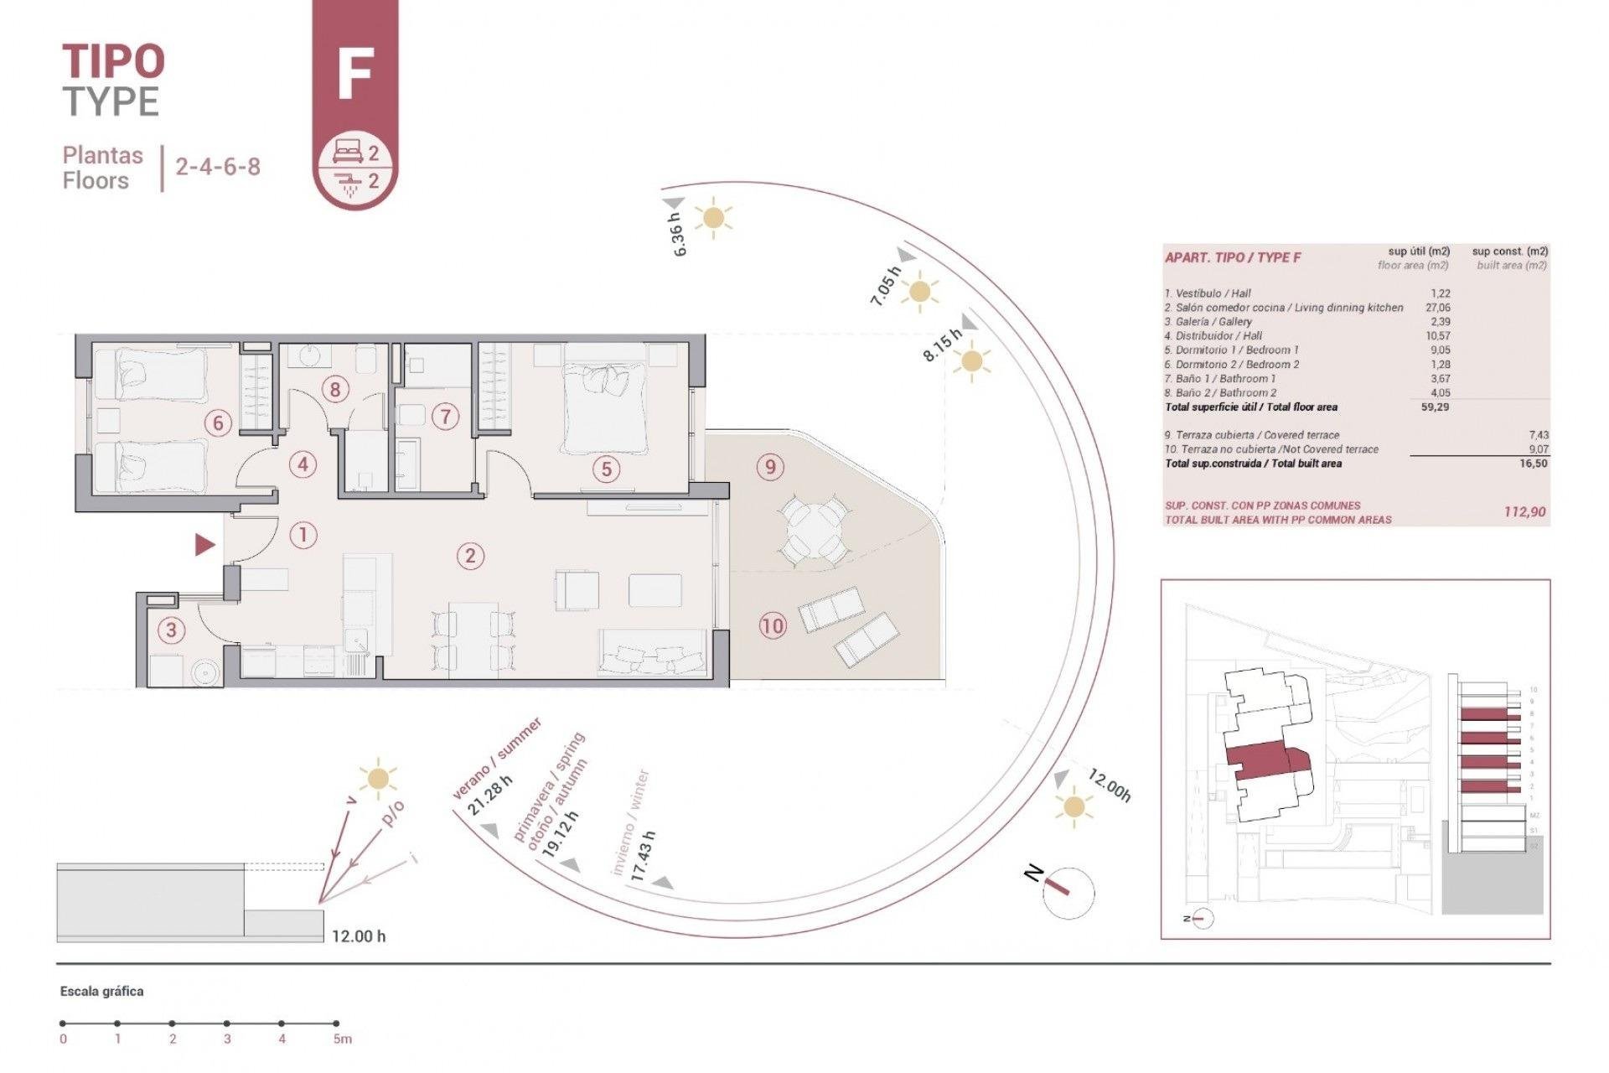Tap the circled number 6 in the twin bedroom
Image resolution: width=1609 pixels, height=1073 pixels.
[x=218, y=422]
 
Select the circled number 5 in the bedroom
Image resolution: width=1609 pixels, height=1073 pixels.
[x=606, y=469]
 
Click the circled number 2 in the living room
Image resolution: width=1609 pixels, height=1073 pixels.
[x=470, y=555]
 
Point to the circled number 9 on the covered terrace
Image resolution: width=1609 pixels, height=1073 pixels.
[x=770, y=466]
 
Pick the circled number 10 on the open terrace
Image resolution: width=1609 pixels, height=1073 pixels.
[x=773, y=625]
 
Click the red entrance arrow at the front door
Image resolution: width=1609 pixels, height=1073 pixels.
[x=204, y=545]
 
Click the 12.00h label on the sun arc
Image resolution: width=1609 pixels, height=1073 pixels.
[x=1110, y=785]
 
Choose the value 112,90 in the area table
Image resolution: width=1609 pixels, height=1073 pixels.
[x=1524, y=511]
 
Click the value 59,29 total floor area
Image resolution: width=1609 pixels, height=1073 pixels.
[x=1434, y=407]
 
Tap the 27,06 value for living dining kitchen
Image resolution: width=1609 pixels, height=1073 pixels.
[x=1437, y=308]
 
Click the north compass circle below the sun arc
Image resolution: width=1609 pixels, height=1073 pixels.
[x=1068, y=892]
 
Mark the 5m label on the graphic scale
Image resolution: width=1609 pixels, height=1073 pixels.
[x=342, y=1039]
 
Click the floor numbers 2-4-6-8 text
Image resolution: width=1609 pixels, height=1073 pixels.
[x=218, y=166]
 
